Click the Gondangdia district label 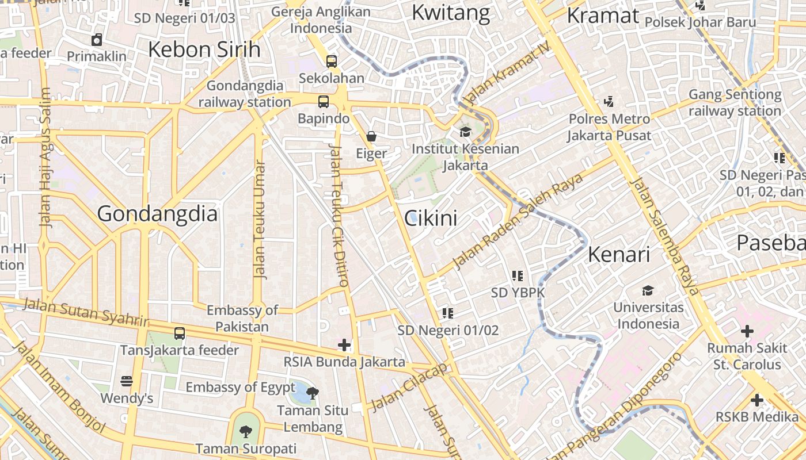(x=157, y=214)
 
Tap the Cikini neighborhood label (x=431, y=218)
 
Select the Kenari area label (x=619, y=254)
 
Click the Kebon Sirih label (x=204, y=49)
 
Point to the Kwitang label (x=451, y=12)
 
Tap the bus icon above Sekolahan (x=332, y=61)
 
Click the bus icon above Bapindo (x=324, y=102)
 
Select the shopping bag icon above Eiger (x=371, y=136)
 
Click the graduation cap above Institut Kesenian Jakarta (x=465, y=132)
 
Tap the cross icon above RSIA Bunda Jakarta (x=344, y=345)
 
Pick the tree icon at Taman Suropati (x=246, y=431)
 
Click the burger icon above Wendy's (x=127, y=381)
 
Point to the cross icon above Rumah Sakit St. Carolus (x=747, y=331)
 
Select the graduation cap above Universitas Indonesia (x=648, y=290)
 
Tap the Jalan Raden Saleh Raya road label (x=518, y=221)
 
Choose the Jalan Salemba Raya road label (x=664, y=236)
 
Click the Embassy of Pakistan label (x=242, y=319)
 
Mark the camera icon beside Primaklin (x=97, y=40)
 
